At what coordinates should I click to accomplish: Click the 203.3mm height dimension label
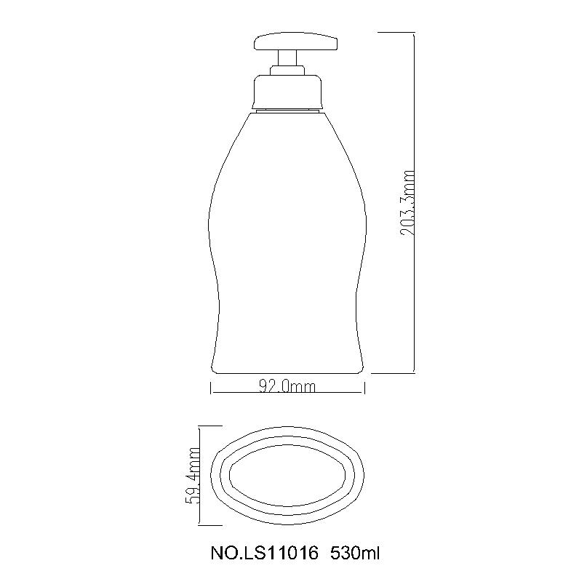coord(407,203)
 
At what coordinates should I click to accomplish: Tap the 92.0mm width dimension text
coord(287,387)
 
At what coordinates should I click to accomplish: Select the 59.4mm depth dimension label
coord(193,476)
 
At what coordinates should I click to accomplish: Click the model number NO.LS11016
coord(265,554)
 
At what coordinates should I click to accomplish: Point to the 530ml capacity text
coord(355,554)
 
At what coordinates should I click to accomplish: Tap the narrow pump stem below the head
coord(287,58)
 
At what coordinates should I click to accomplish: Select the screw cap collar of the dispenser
coord(287,92)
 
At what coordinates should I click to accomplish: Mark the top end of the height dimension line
coord(414,33)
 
